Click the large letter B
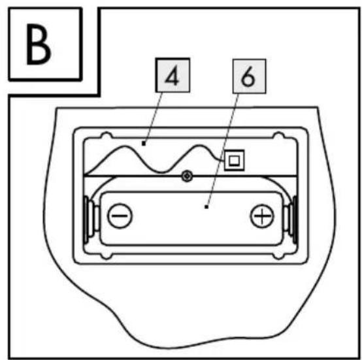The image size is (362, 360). coord(39,44)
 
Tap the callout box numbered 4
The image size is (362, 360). coord(173,75)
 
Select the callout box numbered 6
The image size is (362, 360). coord(249,76)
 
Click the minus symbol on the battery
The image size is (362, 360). coord(120,216)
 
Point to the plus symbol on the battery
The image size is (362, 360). coord(262,216)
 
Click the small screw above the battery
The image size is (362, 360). coord(188,176)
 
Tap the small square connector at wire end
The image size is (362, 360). coord(234,160)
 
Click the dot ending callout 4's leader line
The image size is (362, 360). coord(144,144)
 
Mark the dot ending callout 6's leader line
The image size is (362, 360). coord(206,207)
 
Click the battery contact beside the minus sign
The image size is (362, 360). coord(90,220)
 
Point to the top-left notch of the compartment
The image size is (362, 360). coord(107,135)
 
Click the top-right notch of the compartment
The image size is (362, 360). coord(279,135)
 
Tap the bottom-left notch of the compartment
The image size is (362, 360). coord(107,255)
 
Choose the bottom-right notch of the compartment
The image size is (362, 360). coord(279,255)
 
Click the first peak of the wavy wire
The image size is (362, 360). coord(125,147)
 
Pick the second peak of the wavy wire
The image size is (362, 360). coord(199,146)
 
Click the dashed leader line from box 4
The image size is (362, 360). coord(153,118)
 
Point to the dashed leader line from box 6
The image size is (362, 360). coord(222,150)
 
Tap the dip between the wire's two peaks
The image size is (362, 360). coord(162,172)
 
